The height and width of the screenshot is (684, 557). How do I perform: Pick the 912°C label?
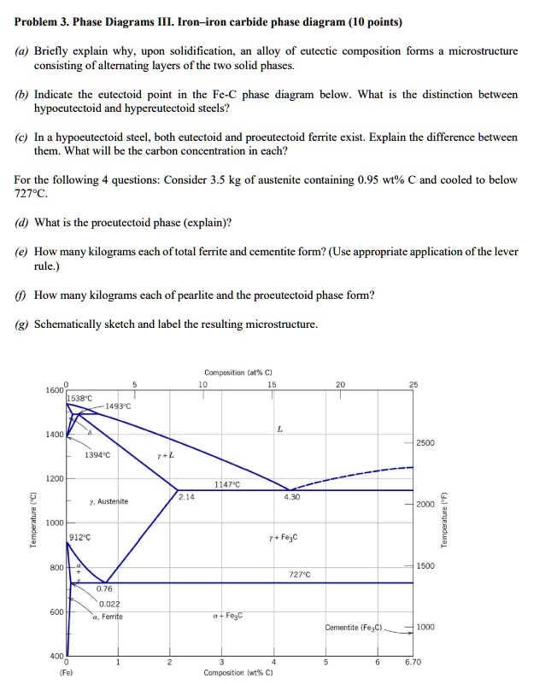click(80, 538)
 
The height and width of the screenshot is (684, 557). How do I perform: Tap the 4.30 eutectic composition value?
click(291, 495)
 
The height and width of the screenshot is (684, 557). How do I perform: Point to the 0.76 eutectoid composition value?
click(104, 588)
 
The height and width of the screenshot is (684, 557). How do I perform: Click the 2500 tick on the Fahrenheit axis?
click(425, 444)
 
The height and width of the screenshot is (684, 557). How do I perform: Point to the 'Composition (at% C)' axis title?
click(238, 373)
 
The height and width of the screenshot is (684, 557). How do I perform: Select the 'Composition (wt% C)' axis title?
click(238, 674)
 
